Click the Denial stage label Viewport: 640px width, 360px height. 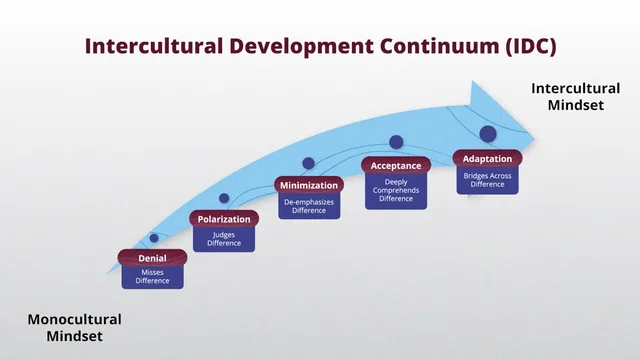(x=152, y=257)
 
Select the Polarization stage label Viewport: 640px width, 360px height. (x=224, y=219)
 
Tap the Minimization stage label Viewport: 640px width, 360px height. (x=309, y=184)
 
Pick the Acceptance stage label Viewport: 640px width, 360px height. (x=396, y=164)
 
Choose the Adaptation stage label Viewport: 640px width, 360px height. (x=487, y=158)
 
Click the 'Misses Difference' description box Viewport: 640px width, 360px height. (x=152, y=276)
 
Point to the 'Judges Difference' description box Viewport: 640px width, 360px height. (x=224, y=239)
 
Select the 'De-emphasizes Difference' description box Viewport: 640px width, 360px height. (x=309, y=205)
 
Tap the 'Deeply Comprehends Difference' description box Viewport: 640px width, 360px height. (x=396, y=189)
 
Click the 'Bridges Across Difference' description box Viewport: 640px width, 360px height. (x=487, y=179)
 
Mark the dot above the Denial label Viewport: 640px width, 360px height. (x=153, y=238)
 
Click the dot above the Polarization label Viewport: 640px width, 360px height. (x=224, y=198)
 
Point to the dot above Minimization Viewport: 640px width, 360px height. (x=309, y=163)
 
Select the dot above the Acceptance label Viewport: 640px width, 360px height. (x=396, y=142)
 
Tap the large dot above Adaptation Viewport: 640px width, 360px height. (x=488, y=133)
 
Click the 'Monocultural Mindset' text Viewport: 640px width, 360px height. (x=74, y=328)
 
